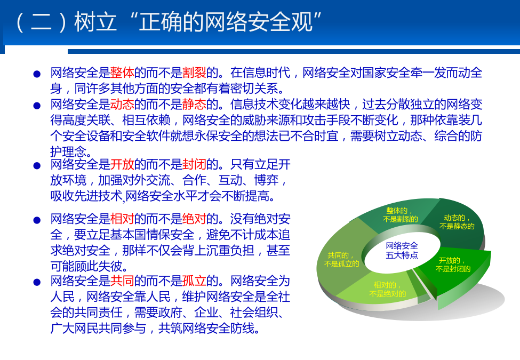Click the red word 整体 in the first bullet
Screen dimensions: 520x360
(122, 72)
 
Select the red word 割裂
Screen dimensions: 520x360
(194, 72)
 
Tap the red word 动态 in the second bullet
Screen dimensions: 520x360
(122, 104)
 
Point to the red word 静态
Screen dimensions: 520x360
(194, 104)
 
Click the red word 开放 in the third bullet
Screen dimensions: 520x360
(122, 164)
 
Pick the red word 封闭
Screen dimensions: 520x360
(194, 164)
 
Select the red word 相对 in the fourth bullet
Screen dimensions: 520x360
(122, 219)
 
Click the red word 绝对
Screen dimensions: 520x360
(194, 219)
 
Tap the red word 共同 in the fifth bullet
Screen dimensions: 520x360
(122, 281)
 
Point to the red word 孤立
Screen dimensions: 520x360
(194, 281)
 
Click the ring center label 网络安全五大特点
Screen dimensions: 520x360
(402, 250)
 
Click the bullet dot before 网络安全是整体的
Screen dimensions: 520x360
(37, 74)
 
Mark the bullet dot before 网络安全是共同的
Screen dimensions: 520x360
(37, 282)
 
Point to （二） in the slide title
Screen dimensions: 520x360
(41, 22)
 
